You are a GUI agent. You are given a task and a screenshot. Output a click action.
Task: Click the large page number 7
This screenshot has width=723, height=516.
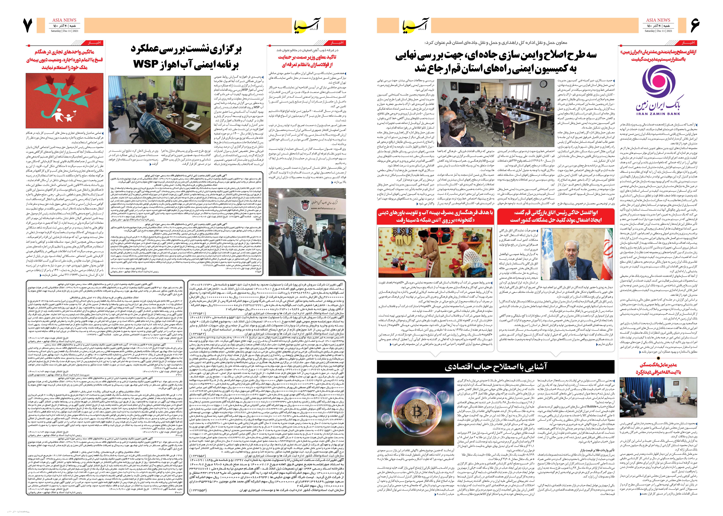[28, 25]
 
